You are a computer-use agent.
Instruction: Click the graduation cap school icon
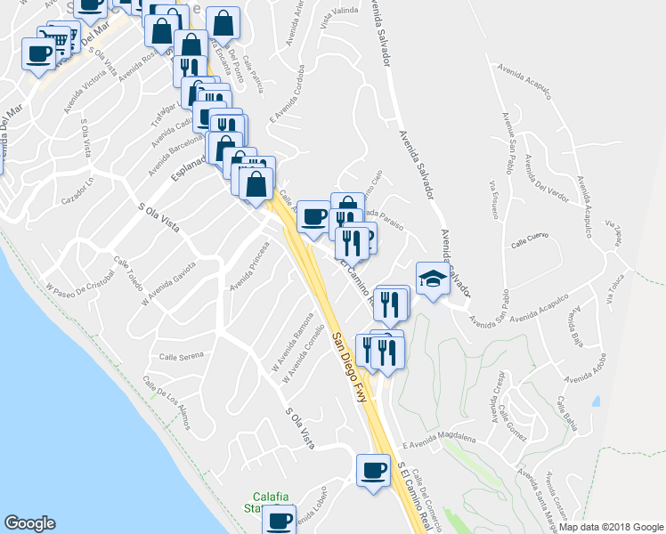click(x=433, y=278)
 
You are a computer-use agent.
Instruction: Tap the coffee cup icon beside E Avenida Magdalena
click(x=373, y=469)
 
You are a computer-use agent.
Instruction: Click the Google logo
click(x=29, y=523)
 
